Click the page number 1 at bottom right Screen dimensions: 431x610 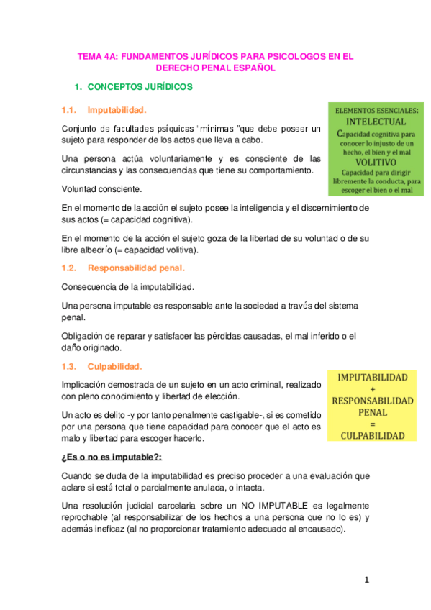pos(366,580)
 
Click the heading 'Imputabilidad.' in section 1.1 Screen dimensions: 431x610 pos(117,110)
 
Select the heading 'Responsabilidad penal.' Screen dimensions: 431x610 pos(136,268)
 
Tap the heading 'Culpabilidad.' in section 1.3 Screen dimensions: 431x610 pos(115,366)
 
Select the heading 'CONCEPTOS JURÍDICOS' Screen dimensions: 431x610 pos(140,87)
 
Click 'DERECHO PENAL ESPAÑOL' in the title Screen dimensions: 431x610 pos(216,68)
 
